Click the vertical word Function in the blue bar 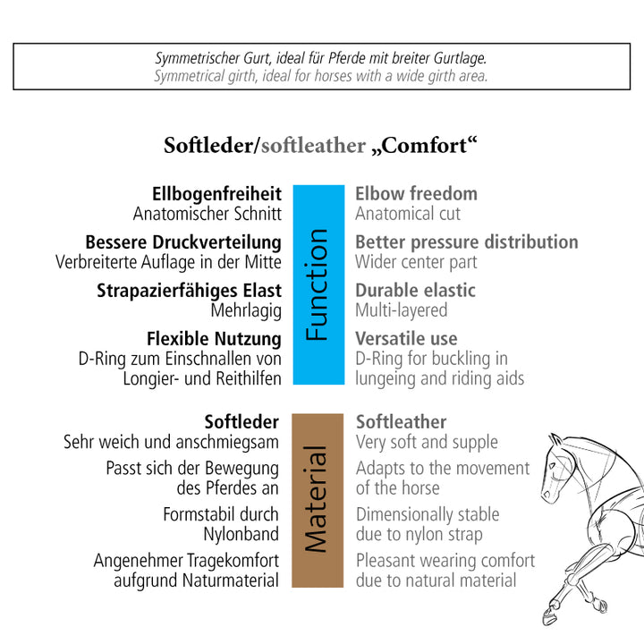(317, 284)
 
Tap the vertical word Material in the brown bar (317, 498)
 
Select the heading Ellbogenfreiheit (216, 194)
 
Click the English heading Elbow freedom (416, 194)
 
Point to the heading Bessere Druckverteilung (183, 242)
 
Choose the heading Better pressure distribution (467, 242)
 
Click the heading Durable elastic (415, 291)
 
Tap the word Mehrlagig (246, 311)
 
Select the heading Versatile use (406, 339)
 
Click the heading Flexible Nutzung (214, 339)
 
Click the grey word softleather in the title (313, 146)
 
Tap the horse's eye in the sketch (553, 466)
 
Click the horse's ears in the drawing (556, 440)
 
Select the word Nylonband (241, 534)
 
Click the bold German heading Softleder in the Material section (241, 422)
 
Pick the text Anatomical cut (408, 214)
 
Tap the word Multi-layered (402, 310)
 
